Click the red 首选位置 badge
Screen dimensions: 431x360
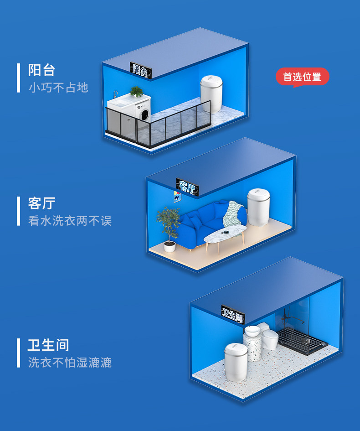[302, 77]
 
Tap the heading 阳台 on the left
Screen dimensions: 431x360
[41, 71]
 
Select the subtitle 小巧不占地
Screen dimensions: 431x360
[58, 88]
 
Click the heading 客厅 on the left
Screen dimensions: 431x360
[41, 203]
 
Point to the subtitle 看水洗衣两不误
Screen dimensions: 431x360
[70, 221]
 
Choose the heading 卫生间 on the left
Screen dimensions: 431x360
[48, 345]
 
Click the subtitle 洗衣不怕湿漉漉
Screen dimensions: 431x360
[70, 363]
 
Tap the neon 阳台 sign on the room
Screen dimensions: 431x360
[141, 69]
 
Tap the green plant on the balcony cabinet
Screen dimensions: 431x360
[136, 92]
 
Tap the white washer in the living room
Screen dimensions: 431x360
[259, 207]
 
